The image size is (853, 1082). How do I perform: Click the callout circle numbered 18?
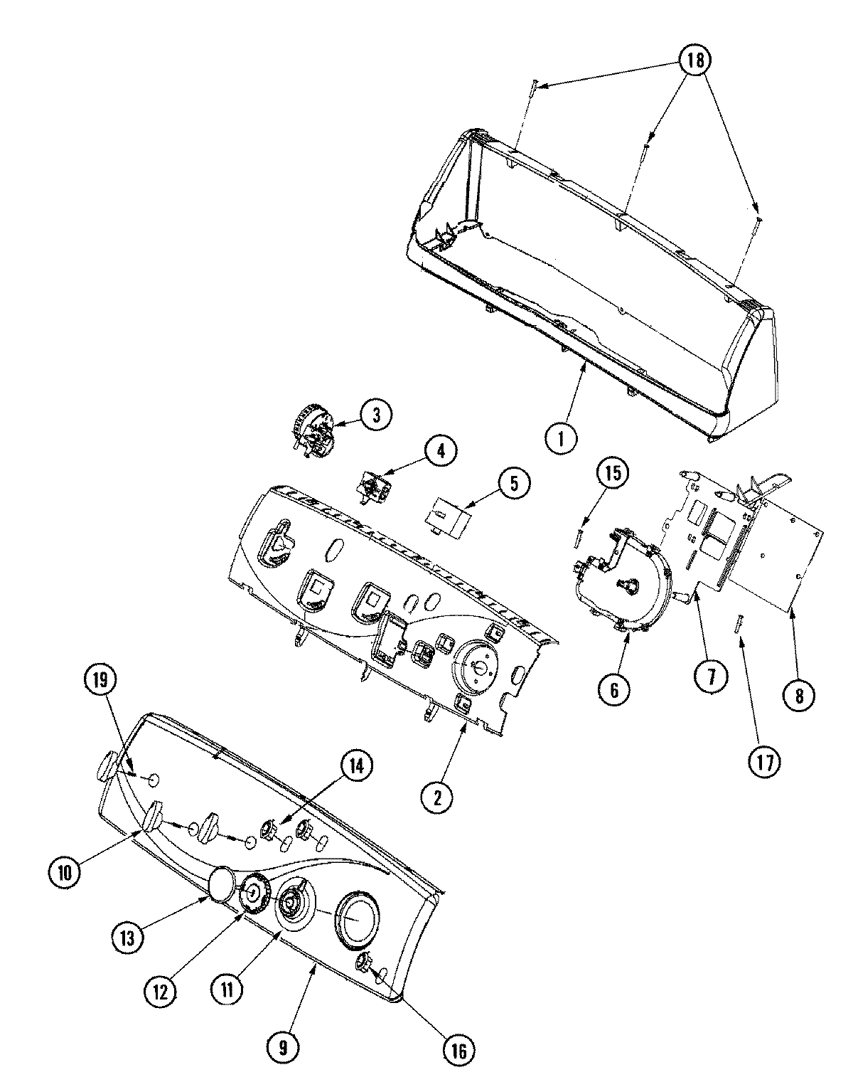[694, 60]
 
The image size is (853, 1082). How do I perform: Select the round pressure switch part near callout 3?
[311, 427]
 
